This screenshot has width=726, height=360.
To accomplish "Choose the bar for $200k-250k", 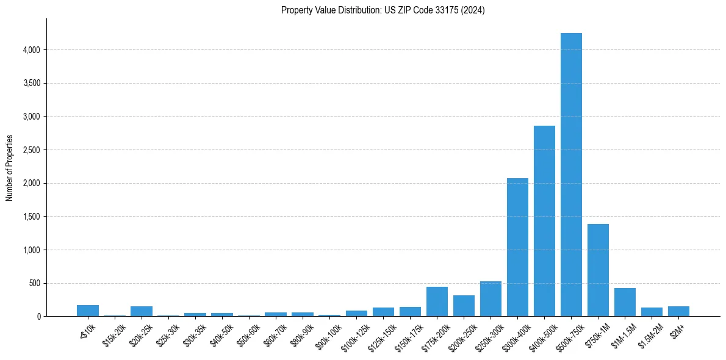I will (464, 306).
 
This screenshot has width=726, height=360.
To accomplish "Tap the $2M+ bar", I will (678, 311).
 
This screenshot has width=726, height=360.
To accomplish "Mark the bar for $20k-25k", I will (142, 311).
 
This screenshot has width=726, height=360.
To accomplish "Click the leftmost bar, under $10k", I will (88, 311).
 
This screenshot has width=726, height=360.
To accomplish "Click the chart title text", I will (383, 10).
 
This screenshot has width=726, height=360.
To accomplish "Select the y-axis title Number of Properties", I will (10, 168).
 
